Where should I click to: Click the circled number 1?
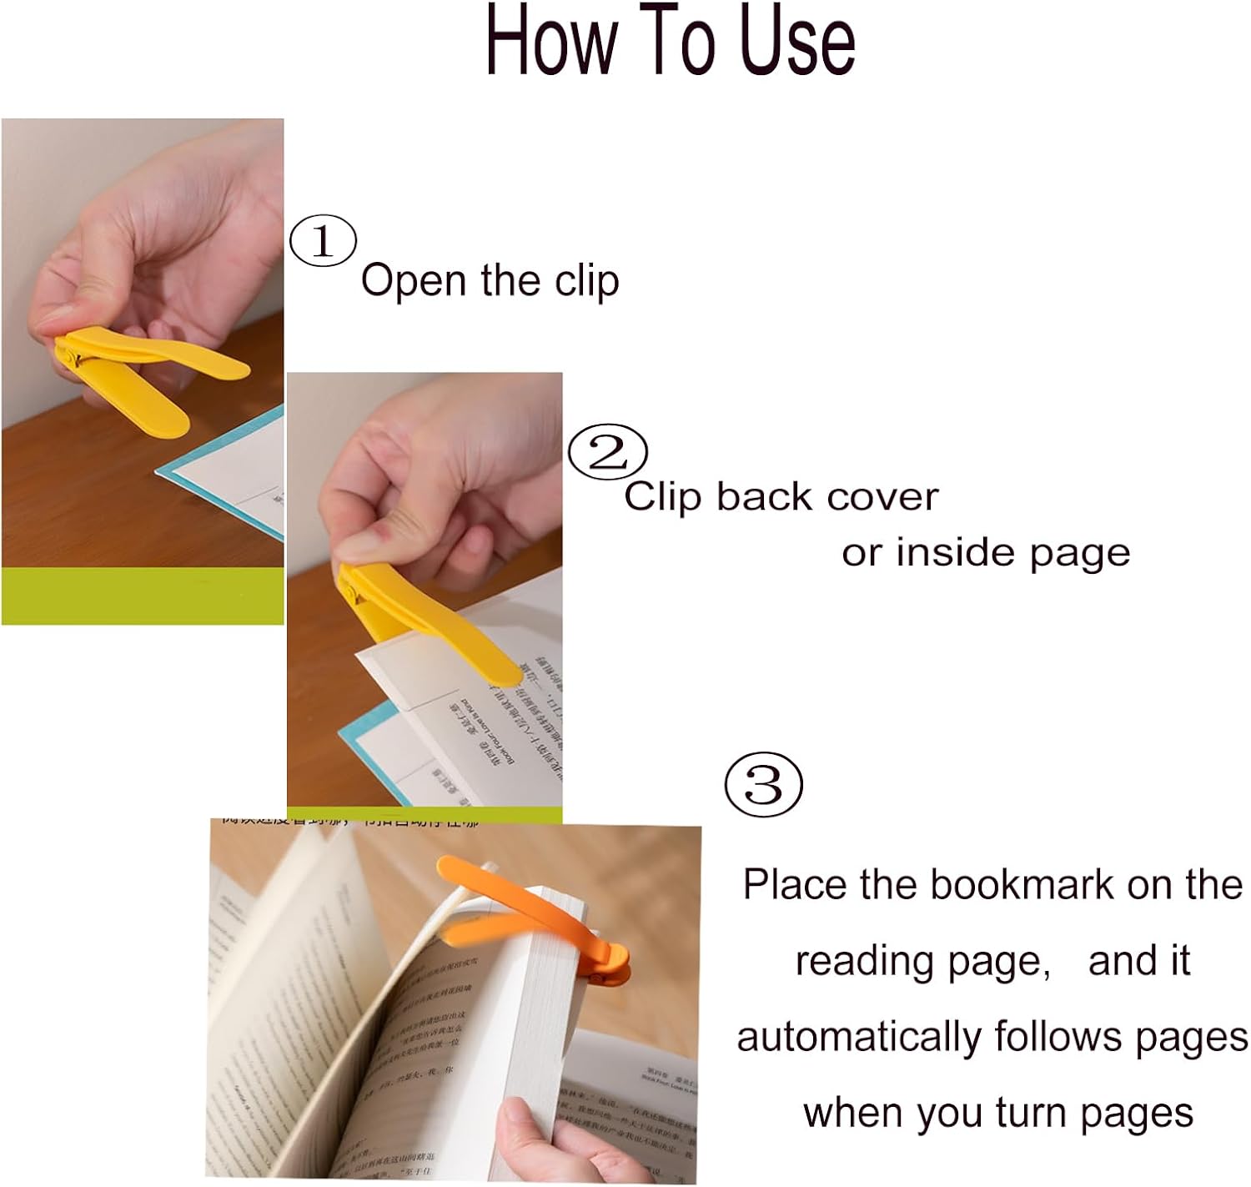coord(323,241)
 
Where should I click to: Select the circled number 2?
coord(607,452)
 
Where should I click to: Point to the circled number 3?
coord(763,785)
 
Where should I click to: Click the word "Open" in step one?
coord(413,281)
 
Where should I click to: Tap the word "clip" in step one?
coord(586,281)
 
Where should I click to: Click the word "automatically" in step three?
coord(859,1038)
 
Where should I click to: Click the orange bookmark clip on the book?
coord(534,913)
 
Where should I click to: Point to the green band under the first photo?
coord(142,596)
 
